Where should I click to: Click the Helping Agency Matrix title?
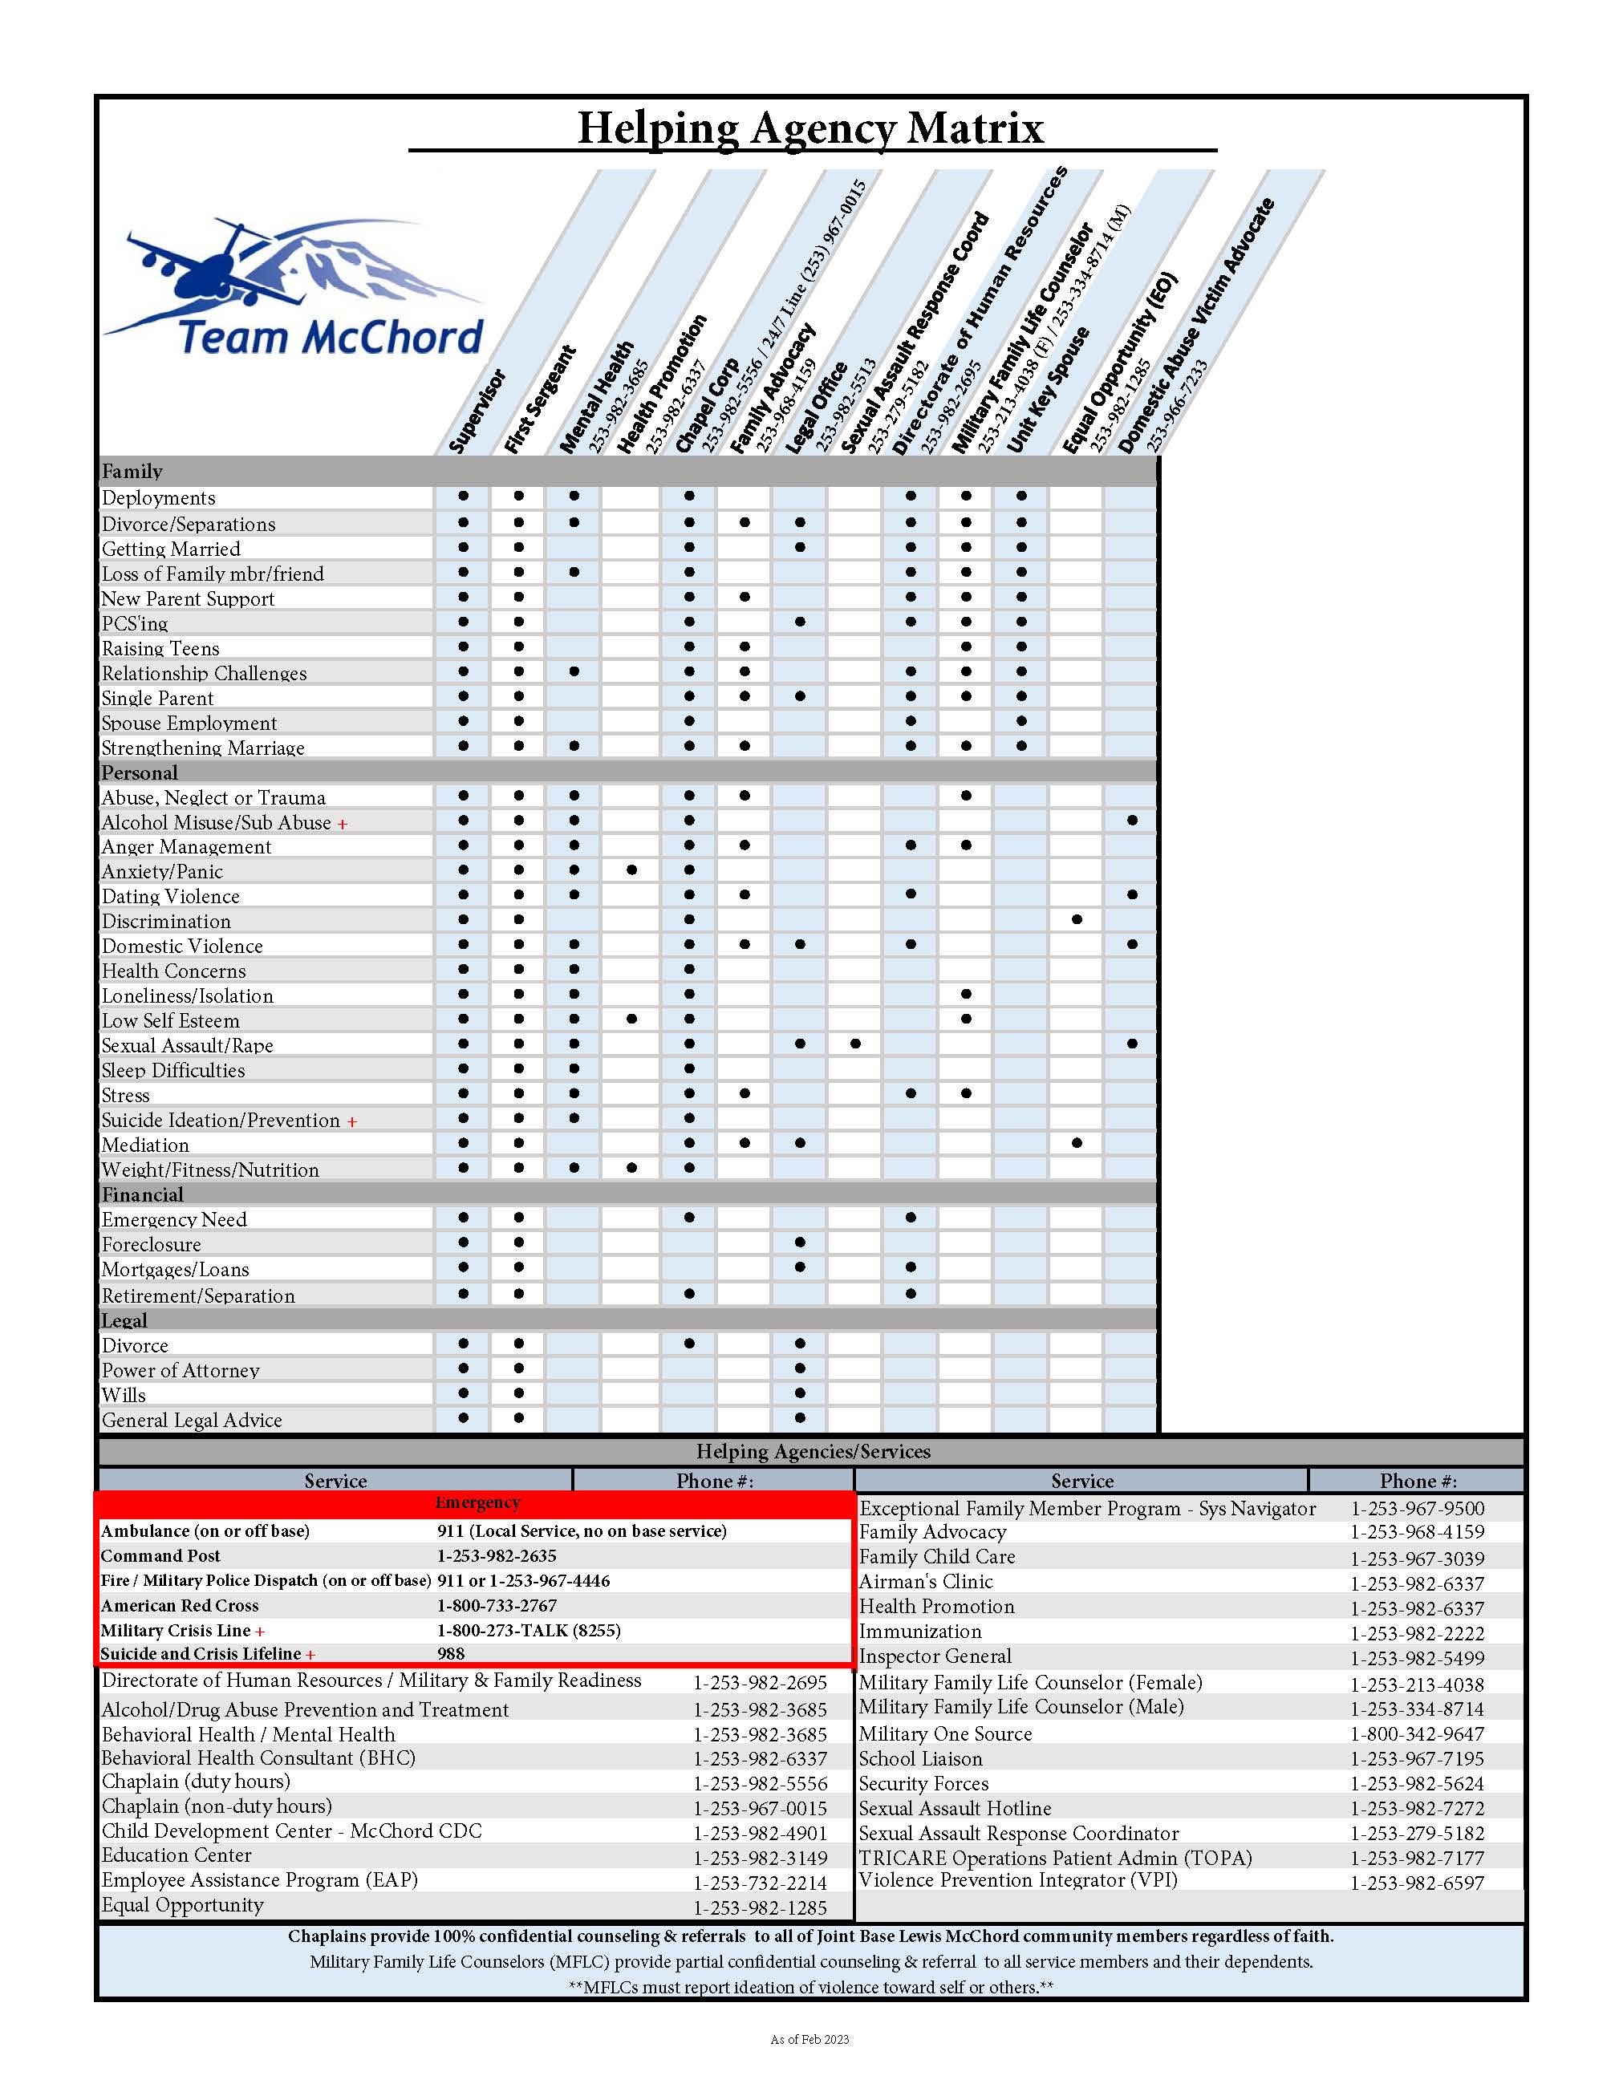coord(809,128)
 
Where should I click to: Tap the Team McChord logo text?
coord(330,338)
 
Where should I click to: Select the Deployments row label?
coord(159,498)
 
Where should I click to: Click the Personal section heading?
coord(140,772)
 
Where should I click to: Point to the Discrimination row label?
coord(166,921)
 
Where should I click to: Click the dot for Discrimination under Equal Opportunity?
coord(1077,920)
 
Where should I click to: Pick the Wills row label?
coord(124,1395)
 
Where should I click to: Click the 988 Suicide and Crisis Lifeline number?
coord(451,1654)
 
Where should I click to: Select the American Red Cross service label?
coord(180,1606)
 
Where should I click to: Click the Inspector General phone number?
coord(1418,1659)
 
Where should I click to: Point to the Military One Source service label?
coord(945,1733)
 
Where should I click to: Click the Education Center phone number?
coord(760,1858)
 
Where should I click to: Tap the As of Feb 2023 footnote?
coord(809,2039)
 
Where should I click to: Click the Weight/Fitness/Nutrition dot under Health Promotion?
coord(631,1168)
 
